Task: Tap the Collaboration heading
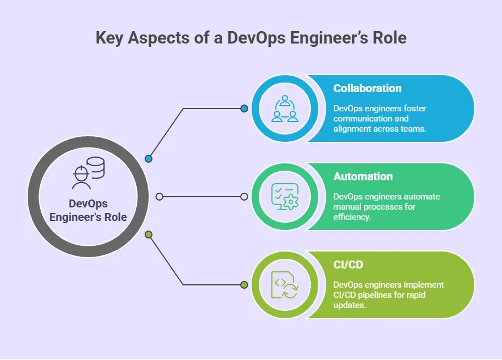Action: (367, 88)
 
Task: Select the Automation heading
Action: (363, 176)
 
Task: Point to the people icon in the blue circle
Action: (284, 109)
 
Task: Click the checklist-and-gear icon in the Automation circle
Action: (284, 197)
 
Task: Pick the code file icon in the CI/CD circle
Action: (284, 285)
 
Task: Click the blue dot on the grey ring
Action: (149, 159)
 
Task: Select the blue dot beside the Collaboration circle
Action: (244, 109)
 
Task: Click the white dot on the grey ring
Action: (159, 197)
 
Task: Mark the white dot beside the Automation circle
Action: (244, 197)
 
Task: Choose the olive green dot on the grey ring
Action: (149, 234)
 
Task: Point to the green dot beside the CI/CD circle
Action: (244, 285)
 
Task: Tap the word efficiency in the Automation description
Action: (352, 216)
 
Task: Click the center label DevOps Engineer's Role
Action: (88, 210)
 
